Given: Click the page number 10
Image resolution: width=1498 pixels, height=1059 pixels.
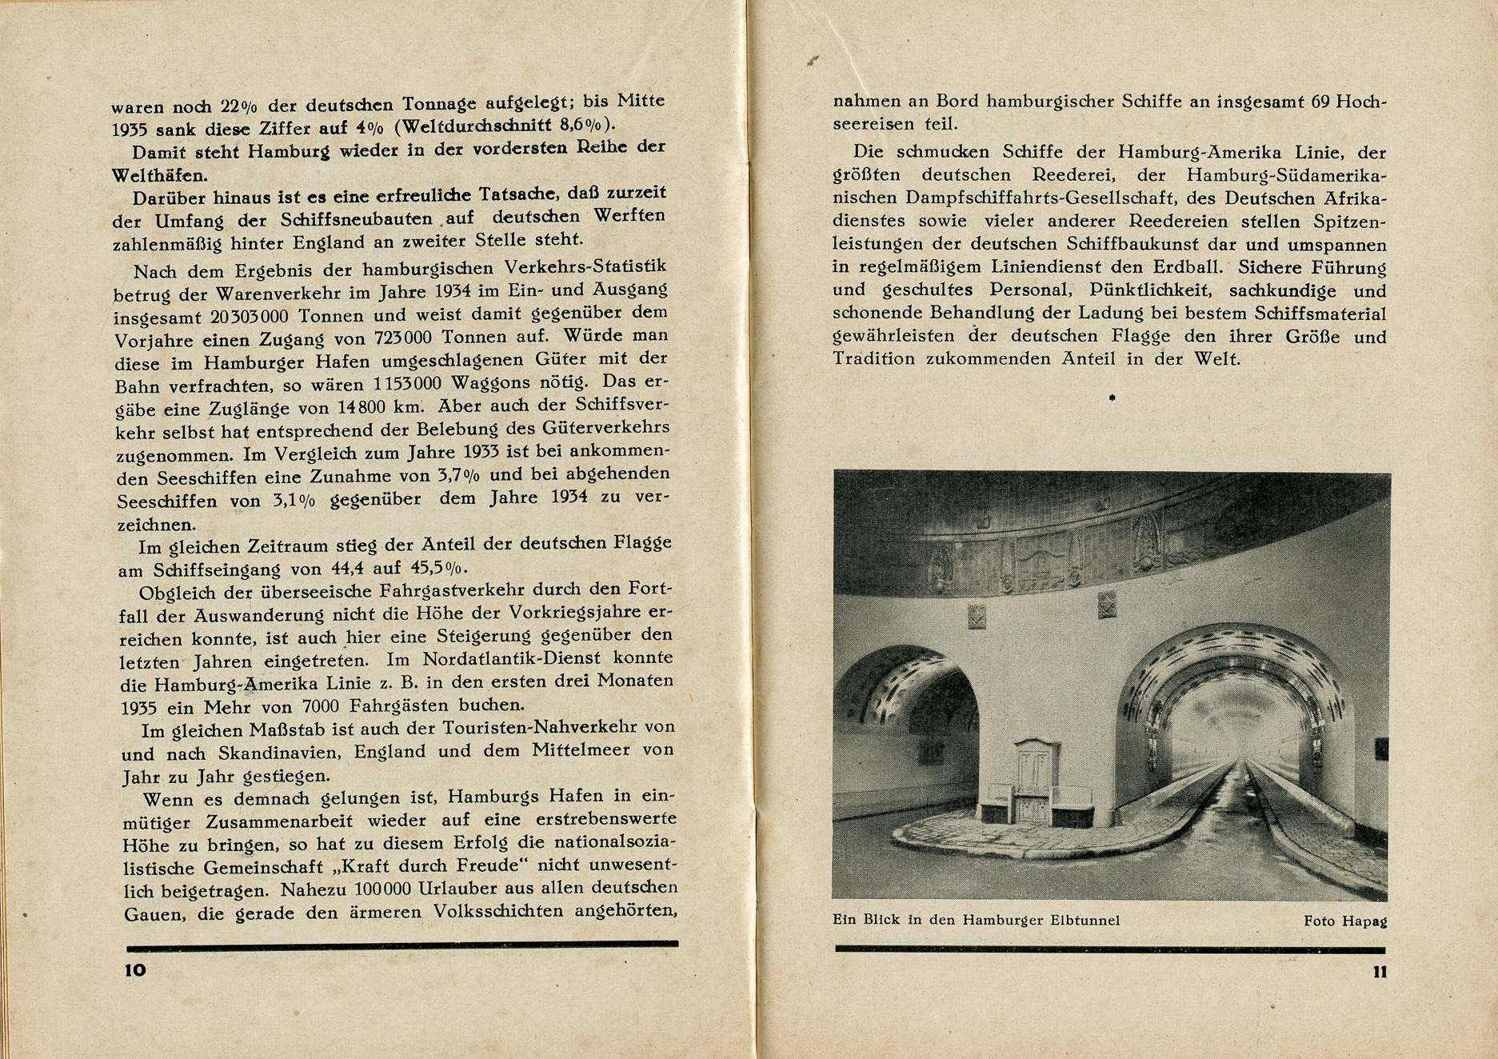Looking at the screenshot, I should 135,970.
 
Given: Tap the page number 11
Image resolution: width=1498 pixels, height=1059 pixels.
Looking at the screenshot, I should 1379,973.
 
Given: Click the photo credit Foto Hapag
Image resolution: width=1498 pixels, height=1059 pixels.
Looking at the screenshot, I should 1345,921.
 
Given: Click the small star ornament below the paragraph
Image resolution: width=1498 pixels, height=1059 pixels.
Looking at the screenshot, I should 1111,398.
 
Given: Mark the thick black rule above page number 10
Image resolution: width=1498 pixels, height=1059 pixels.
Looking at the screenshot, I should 401,945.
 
